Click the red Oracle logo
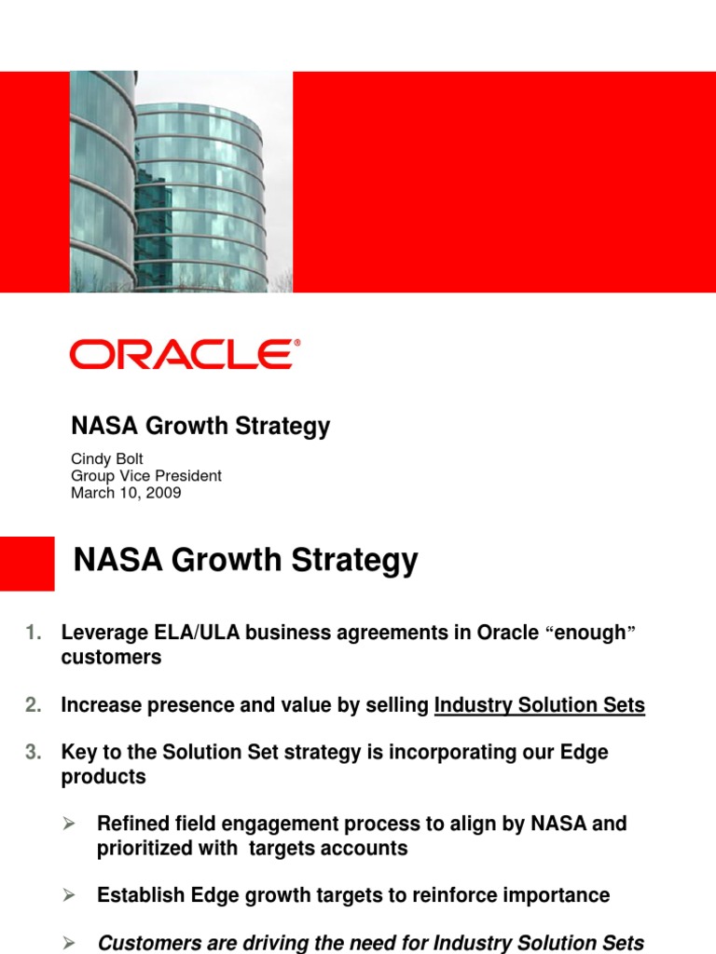pos(185,355)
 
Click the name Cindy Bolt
pos(107,458)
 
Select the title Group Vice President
pos(146,476)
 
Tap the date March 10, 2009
pos(126,493)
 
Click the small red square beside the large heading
pos(27,563)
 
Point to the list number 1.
pos(34,633)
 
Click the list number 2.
pos(34,705)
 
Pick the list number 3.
pos(34,752)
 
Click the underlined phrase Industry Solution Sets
pos(540,705)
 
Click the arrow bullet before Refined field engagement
pos(68,824)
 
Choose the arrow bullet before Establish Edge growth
pos(68,895)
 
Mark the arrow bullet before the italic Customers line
pos(68,943)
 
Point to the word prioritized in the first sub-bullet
pos(145,848)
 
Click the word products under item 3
pos(103,776)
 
